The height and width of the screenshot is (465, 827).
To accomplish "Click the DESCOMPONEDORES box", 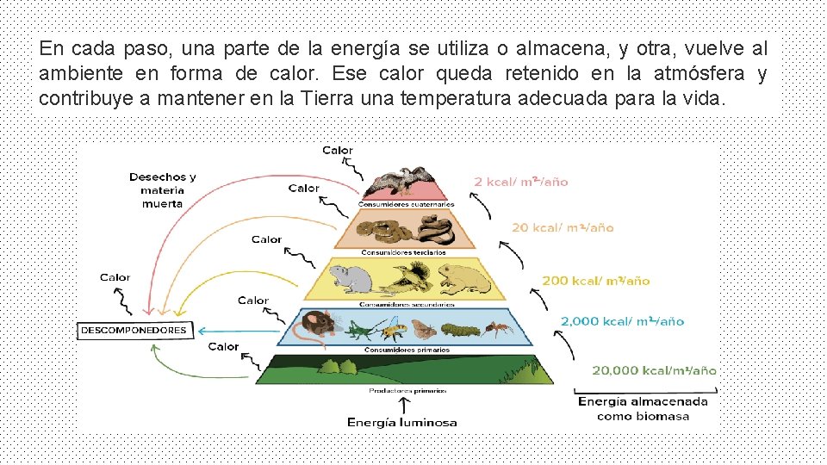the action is pyautogui.click(x=134, y=330).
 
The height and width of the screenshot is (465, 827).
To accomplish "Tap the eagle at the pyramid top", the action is pyautogui.click(x=399, y=182).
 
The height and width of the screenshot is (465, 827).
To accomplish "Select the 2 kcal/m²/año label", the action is pyautogui.click(x=520, y=182).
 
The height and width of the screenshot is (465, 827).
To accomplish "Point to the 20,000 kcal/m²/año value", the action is pyautogui.click(x=653, y=370).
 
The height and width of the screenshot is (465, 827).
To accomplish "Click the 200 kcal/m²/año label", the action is pyautogui.click(x=595, y=280).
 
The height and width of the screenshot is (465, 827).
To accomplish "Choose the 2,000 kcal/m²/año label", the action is pyautogui.click(x=622, y=321).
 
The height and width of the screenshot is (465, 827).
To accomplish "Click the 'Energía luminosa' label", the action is pyautogui.click(x=401, y=422).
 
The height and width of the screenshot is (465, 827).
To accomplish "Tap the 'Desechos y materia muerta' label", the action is pyautogui.click(x=163, y=189).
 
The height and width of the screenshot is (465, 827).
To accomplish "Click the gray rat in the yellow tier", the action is pyautogui.click(x=351, y=276).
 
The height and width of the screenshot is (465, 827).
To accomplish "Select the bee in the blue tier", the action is pyautogui.click(x=393, y=328).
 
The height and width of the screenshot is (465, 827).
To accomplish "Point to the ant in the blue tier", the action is pyautogui.click(x=498, y=328).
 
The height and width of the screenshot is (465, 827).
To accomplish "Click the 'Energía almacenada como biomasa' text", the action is pyautogui.click(x=643, y=408).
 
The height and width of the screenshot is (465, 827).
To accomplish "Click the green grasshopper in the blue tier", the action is pyautogui.click(x=359, y=328).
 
